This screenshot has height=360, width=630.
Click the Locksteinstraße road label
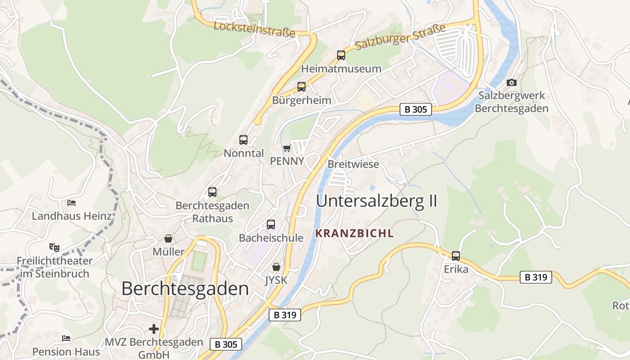(254, 29)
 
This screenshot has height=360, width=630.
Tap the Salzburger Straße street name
(400, 37)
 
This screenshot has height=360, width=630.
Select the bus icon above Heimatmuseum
(341, 55)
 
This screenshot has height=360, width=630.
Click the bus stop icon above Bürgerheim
(301, 87)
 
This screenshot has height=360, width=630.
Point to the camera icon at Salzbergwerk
(512, 82)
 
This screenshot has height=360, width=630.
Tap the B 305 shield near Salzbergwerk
(415, 109)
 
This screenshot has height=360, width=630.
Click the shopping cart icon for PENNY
(287, 148)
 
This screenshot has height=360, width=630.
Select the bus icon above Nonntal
(243, 140)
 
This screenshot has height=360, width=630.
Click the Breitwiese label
(353, 164)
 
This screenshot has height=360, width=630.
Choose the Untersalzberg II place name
(377, 201)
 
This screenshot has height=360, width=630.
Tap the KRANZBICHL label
(355, 233)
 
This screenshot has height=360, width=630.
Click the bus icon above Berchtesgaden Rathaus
(212, 192)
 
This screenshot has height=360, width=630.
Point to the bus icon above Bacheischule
(271, 224)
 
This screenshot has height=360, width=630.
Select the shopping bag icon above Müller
(168, 238)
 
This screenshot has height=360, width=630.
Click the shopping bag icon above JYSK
(276, 267)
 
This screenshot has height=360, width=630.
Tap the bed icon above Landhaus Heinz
(72, 203)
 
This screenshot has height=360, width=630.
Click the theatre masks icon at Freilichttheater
(54, 247)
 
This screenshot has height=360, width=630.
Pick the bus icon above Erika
(456, 256)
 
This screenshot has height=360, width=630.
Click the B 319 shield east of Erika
(536, 277)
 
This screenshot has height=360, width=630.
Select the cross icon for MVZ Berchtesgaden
(154, 329)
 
